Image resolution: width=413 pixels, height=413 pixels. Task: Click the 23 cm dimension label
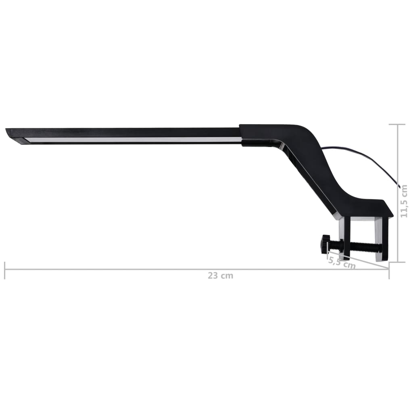click(x=220, y=276)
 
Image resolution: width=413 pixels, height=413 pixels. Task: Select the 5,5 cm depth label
click(x=342, y=263)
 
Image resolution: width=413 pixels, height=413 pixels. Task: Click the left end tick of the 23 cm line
click(x=5, y=270)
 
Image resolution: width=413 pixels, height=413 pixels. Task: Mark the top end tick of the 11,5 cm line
click(x=397, y=125)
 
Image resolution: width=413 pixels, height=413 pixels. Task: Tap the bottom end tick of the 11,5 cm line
click(x=397, y=262)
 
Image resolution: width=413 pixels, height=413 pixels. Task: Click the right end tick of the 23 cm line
click(x=389, y=270)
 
